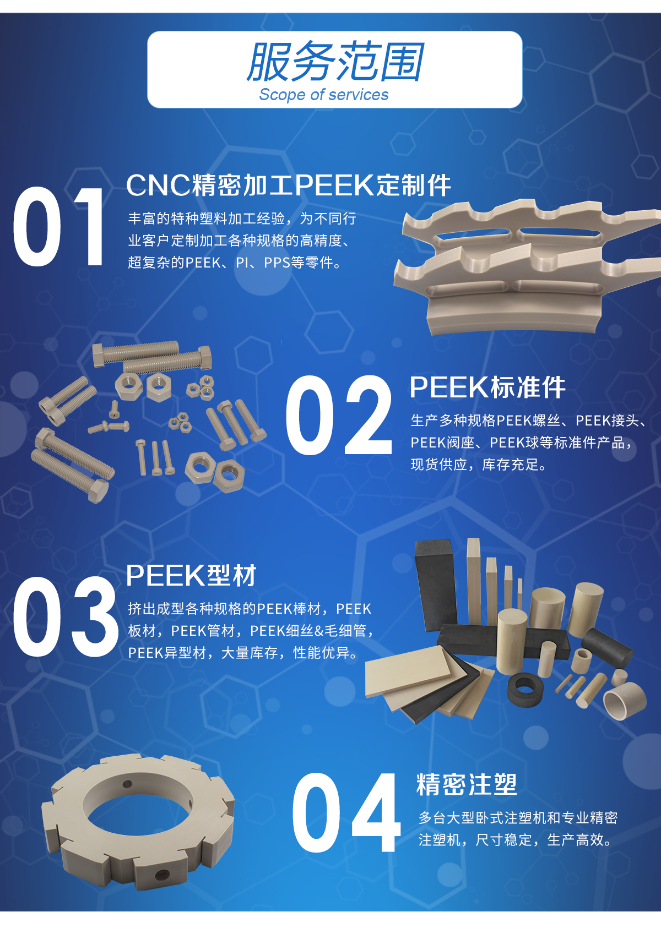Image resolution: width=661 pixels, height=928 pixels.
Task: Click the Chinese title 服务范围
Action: click(x=335, y=62)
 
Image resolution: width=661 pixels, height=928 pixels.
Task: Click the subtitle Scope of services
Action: click(x=324, y=95)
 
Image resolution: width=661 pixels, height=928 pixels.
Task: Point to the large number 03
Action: click(x=65, y=617)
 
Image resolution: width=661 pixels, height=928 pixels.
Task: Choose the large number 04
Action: click(x=346, y=812)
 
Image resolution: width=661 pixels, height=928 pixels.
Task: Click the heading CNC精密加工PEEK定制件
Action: click(x=289, y=185)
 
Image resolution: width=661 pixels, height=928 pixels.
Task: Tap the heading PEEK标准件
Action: click(x=487, y=387)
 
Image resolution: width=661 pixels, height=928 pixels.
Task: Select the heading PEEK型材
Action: click(x=191, y=576)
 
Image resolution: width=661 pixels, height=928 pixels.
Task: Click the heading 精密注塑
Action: click(x=467, y=784)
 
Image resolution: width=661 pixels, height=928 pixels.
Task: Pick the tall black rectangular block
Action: click(x=436, y=583)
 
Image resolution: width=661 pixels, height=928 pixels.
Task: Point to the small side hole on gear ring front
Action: click(x=162, y=874)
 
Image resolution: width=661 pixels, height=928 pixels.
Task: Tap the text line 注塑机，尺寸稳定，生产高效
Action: click(x=515, y=840)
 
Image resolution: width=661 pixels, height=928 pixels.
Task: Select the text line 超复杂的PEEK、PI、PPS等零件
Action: click(x=235, y=263)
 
